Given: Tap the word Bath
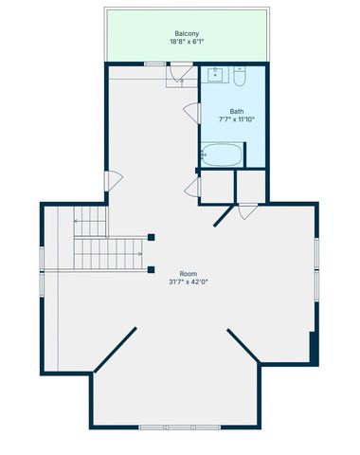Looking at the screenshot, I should point(236,110).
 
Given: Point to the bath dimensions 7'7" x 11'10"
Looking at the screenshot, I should point(236,120).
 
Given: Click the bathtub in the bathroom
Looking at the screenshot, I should point(223,155).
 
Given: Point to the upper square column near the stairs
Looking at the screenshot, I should point(152,237).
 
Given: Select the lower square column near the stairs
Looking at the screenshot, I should point(152,269).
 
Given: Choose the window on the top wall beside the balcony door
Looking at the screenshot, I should point(154,64).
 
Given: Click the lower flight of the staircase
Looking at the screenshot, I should point(109,253).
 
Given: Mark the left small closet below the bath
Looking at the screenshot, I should point(217,185).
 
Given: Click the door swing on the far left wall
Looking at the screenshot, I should point(113,180).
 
